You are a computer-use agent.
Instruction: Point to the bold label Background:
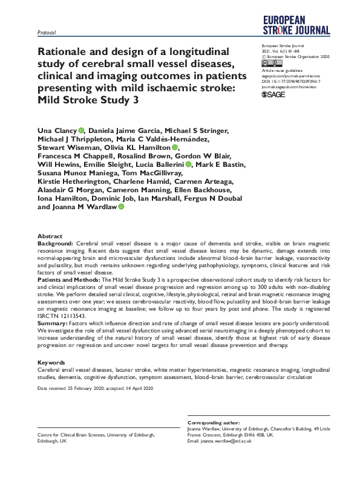click(56, 242)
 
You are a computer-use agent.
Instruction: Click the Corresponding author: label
click(214, 422)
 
